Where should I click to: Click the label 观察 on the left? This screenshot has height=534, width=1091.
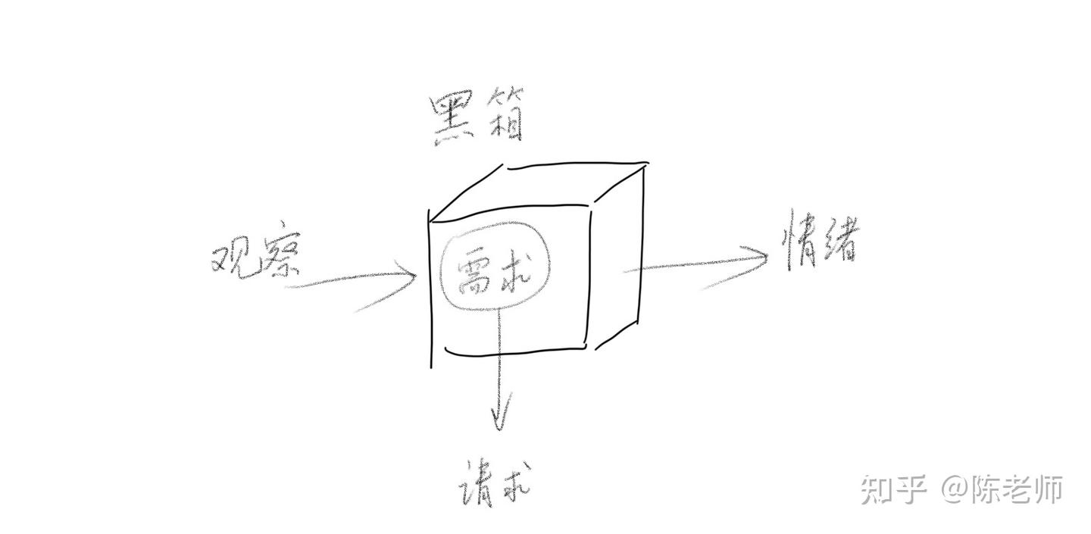pos(255,258)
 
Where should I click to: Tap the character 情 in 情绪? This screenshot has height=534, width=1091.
pos(799,240)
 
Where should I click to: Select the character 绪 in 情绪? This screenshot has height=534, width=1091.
pos(840,240)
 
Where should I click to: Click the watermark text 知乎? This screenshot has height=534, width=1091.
pos(894,489)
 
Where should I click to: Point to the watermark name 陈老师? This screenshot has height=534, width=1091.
pos(1018,489)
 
